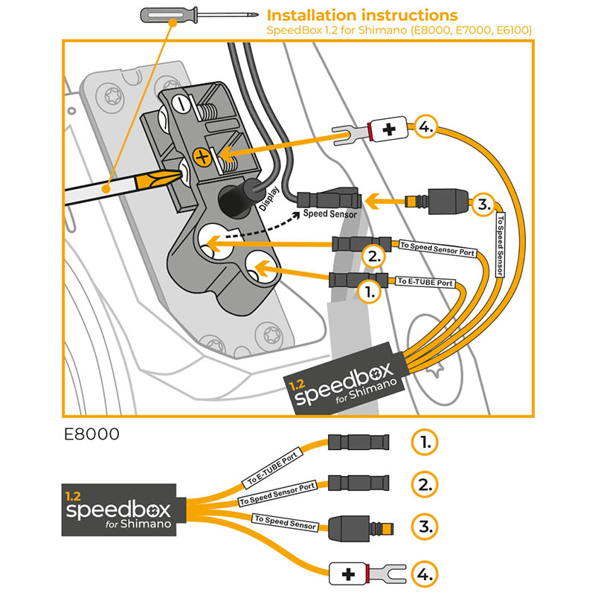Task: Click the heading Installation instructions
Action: pos(362,15)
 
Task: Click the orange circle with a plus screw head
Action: pos(199,156)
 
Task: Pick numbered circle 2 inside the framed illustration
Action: pos(373,257)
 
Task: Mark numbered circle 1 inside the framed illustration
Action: pos(368,292)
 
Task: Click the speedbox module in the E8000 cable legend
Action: pos(119,509)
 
